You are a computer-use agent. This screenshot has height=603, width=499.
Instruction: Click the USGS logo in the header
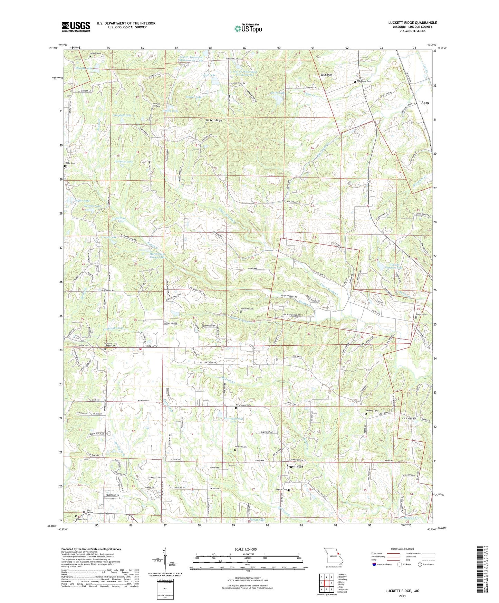point(76,27)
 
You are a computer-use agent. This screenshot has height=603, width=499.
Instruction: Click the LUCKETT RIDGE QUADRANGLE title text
point(412,23)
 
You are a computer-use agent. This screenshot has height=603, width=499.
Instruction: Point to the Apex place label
point(425,103)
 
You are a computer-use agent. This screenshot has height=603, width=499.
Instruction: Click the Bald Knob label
point(326,75)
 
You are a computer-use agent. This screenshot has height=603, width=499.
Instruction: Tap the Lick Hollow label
point(409,419)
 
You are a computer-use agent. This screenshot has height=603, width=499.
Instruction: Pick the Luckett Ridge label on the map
point(213,121)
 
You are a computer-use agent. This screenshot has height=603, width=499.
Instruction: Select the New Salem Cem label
point(243,405)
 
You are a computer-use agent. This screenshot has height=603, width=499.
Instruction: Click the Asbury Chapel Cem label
point(110,344)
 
